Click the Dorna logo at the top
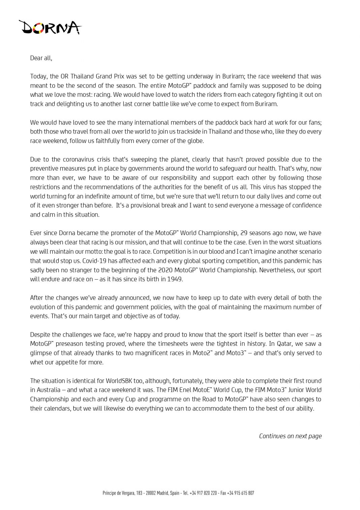coord(50,27)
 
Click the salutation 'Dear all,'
coord(41,58)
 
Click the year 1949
coord(175,279)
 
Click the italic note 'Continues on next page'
coord(290,436)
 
